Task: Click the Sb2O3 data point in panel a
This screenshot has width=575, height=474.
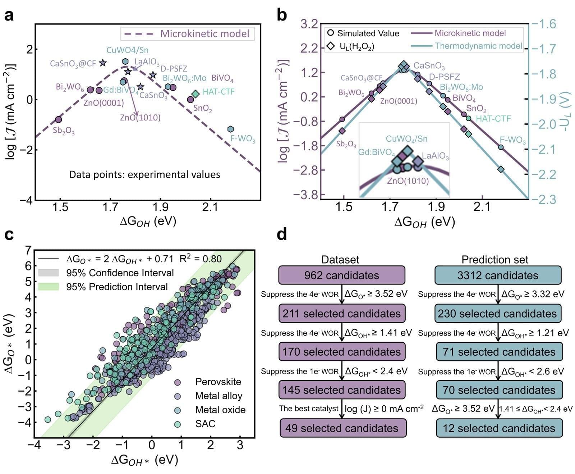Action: (59, 119)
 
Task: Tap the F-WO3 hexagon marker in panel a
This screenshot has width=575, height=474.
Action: (230, 129)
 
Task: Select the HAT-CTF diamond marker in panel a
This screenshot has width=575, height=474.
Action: (195, 94)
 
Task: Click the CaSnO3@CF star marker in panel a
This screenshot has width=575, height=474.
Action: (103, 63)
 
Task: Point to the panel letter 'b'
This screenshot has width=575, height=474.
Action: (282, 16)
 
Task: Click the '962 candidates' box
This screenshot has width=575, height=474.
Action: (341, 275)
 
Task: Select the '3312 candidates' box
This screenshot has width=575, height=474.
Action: (498, 275)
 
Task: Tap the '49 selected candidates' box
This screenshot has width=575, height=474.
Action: (341, 428)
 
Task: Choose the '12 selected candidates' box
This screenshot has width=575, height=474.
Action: (499, 428)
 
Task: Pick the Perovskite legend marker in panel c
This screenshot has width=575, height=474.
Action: (177, 382)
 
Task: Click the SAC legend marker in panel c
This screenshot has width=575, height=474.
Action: (177, 424)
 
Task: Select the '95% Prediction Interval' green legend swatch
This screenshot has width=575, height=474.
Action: (48, 287)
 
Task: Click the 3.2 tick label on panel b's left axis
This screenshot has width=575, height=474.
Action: (309, 24)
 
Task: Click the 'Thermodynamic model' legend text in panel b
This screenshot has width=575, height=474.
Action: (478, 46)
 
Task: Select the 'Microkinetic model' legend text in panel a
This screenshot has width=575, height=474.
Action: (204, 34)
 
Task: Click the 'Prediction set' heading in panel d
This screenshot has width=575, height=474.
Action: (495, 260)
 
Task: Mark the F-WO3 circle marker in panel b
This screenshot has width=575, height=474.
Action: (501, 147)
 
